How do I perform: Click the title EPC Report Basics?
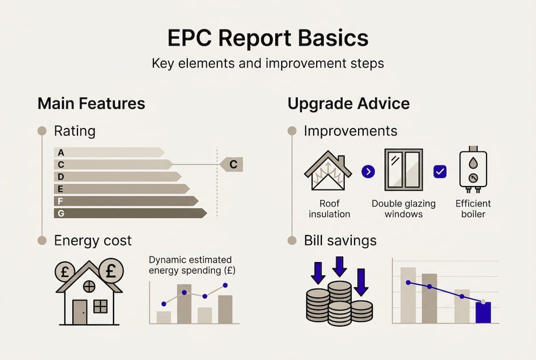268,38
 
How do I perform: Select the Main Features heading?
91,103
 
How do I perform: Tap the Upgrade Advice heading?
348,103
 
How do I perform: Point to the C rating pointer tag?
232,164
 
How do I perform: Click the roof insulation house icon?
328,173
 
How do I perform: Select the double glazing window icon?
404,170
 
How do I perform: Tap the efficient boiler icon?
473,170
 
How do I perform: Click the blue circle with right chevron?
368,172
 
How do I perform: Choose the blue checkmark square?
440,172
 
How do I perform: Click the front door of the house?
79,312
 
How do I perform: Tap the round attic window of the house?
89,286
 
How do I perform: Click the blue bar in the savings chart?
483,312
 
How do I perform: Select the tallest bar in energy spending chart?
184,303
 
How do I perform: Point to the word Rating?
74,131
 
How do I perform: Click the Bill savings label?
340,240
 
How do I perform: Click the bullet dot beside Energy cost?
42,240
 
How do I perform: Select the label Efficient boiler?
473,208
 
